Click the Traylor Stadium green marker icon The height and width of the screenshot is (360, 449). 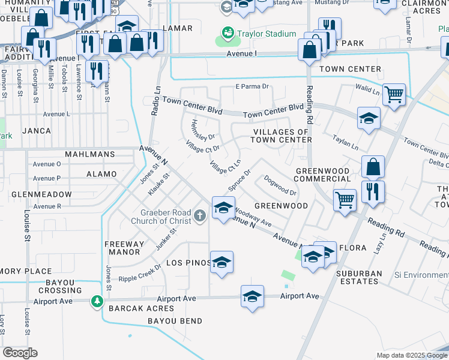(228, 32)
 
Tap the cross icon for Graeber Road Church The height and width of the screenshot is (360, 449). (201, 214)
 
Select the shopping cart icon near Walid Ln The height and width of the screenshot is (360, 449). (394, 94)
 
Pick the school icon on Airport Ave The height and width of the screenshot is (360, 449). (253, 296)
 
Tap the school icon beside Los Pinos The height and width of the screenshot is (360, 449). (221, 262)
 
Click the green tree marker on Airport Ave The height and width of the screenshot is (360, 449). (97, 301)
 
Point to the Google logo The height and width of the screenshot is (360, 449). (20, 352)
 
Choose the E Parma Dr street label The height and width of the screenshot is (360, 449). (252, 86)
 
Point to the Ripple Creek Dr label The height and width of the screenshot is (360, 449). (140, 273)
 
